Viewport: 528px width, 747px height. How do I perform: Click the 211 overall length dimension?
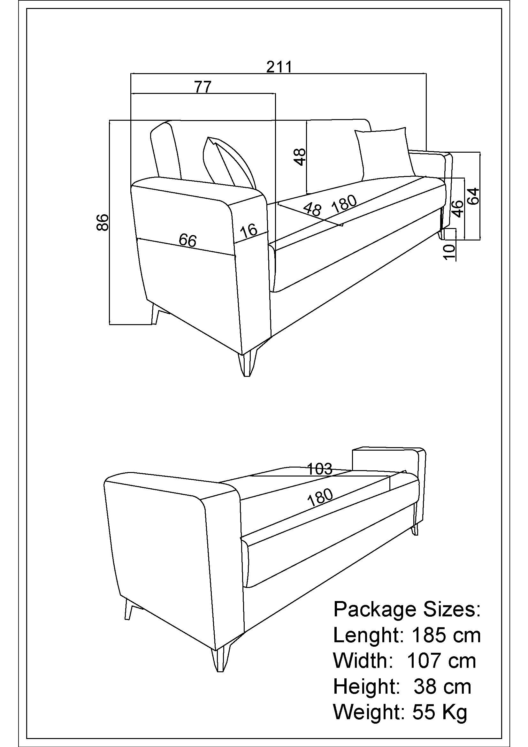tap(279, 67)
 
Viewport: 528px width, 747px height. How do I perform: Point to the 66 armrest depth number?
tap(188, 240)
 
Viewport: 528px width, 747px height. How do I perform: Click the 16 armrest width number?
tap(249, 231)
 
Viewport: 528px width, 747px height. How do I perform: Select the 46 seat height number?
tap(457, 209)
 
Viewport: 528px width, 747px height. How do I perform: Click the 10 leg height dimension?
tap(450, 252)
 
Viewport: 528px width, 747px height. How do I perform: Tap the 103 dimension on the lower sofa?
tap(320, 469)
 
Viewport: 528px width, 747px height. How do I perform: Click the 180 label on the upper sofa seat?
tap(344, 204)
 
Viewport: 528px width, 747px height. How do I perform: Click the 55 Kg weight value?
tap(440, 712)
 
